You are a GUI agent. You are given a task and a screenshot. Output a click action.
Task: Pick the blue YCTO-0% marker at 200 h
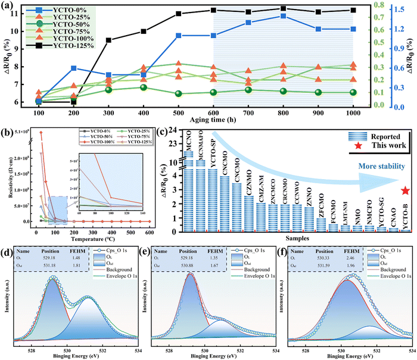pos(73,68)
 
